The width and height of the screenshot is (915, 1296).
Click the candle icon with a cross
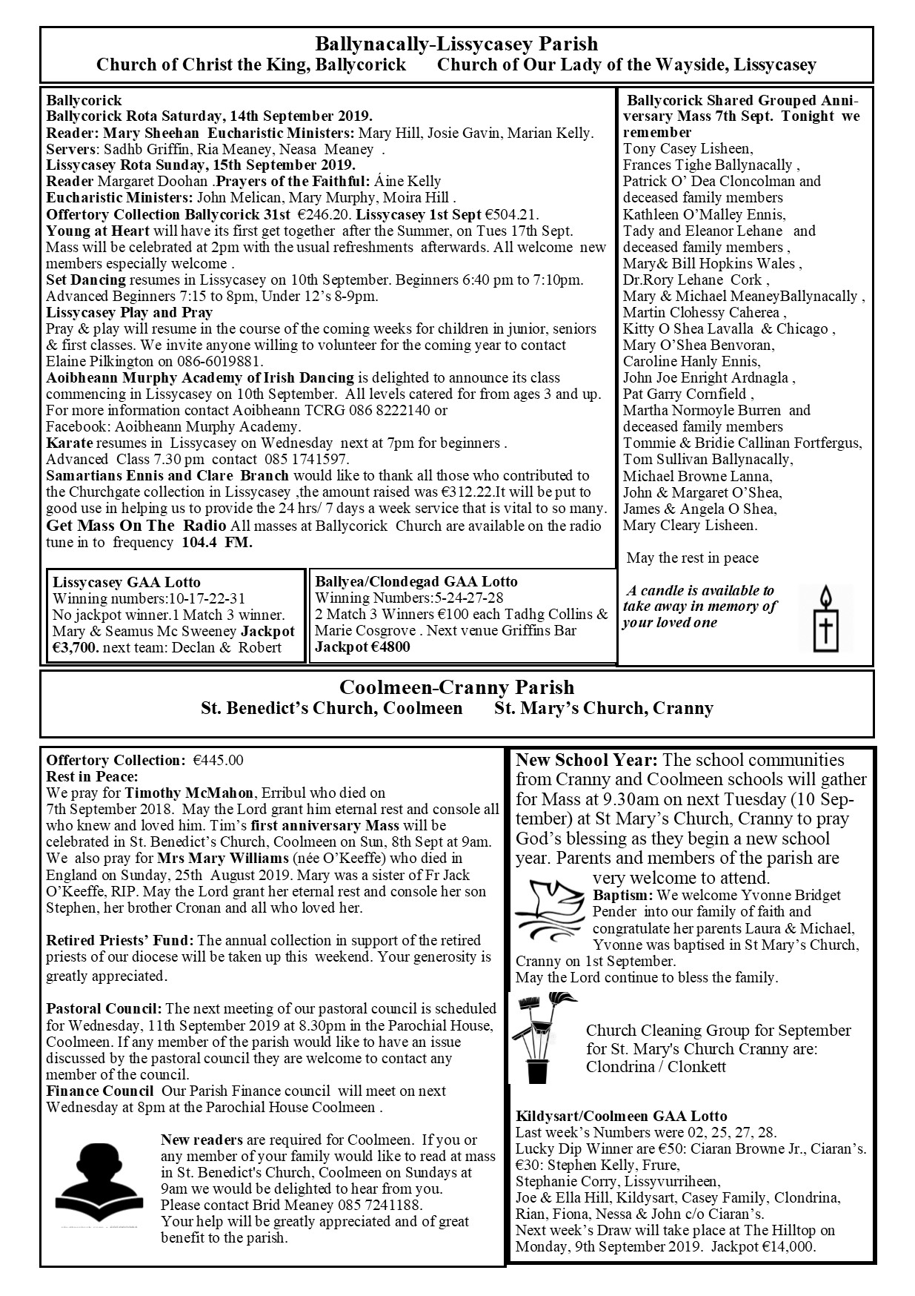tap(825, 618)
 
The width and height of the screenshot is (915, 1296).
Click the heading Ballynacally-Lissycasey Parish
tap(456, 44)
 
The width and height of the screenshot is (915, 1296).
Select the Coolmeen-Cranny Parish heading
tap(456, 687)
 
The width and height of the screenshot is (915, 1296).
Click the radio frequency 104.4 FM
tap(217, 542)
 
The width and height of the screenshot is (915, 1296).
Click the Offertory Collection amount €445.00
tap(218, 760)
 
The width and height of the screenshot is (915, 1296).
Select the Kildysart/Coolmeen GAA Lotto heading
tap(621, 1116)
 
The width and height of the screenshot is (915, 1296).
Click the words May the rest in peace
tap(692, 558)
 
